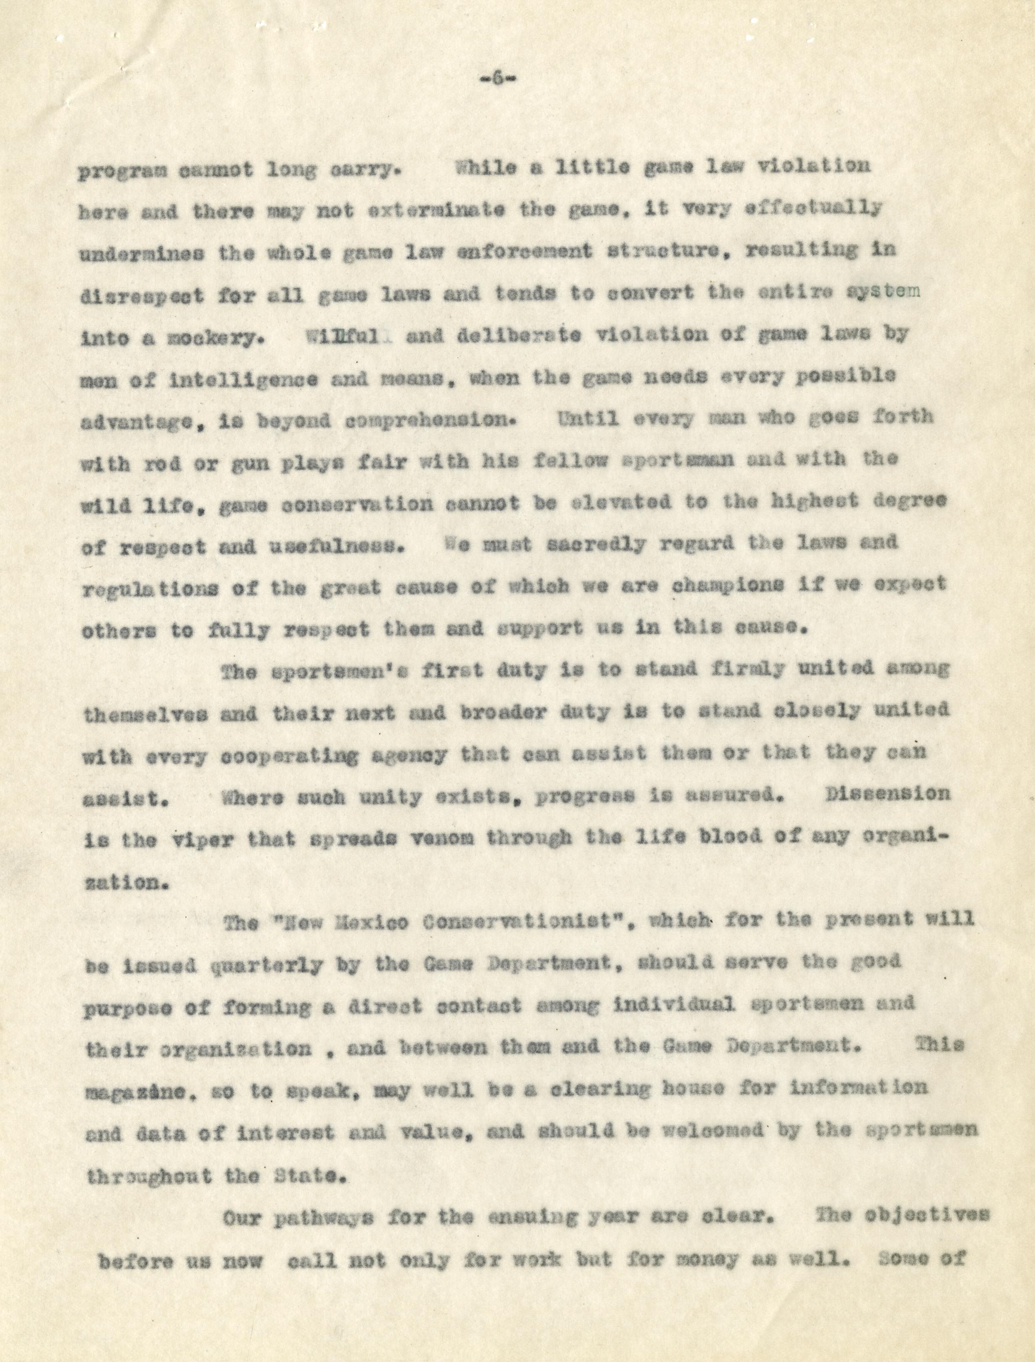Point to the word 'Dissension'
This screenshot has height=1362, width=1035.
click(x=887, y=795)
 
